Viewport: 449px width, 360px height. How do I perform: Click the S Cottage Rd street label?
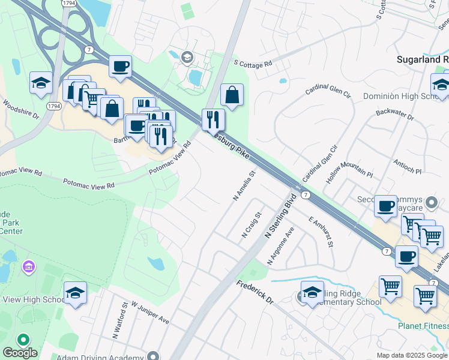tap(253, 62)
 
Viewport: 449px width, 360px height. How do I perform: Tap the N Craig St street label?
tap(252, 224)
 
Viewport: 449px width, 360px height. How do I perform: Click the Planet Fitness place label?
tap(423, 326)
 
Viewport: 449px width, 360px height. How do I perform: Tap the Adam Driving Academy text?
tap(100, 356)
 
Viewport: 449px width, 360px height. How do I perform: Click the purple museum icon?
tap(28, 266)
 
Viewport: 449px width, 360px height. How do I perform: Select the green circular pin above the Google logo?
tap(24, 340)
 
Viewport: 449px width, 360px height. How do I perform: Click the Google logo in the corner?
tap(20, 353)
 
